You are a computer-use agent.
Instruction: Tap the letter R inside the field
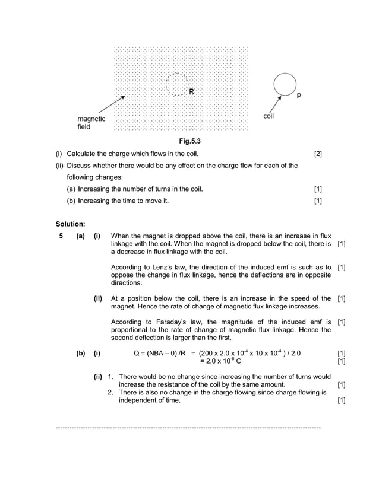click(x=191, y=92)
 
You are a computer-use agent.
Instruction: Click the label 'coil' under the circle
click(x=269, y=116)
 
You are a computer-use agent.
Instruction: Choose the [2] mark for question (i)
click(x=318, y=154)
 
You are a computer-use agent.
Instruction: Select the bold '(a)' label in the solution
click(x=80, y=236)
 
